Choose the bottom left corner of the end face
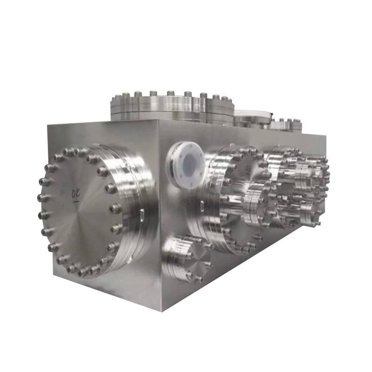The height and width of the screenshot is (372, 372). pyautogui.click(x=53, y=274)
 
